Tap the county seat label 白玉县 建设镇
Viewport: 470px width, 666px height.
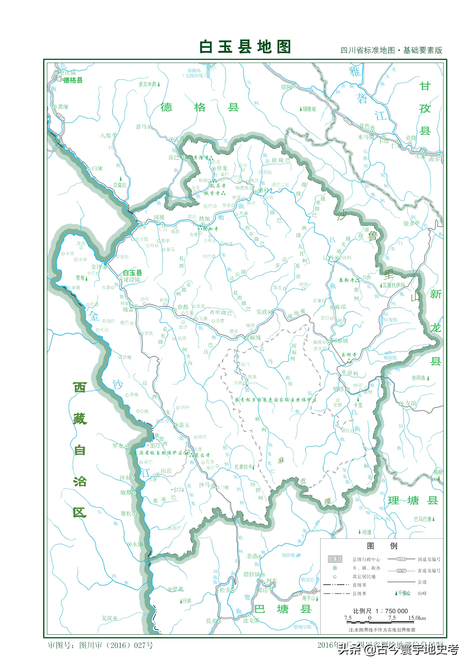tap(132, 276)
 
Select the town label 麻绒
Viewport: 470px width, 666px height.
tap(255, 337)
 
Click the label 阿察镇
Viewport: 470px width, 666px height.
tap(340, 341)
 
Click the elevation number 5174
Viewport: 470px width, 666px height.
tap(178, 490)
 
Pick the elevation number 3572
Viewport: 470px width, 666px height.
tap(155, 446)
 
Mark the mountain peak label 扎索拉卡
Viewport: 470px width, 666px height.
tap(243, 466)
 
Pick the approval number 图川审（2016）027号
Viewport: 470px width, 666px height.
tap(116, 645)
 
